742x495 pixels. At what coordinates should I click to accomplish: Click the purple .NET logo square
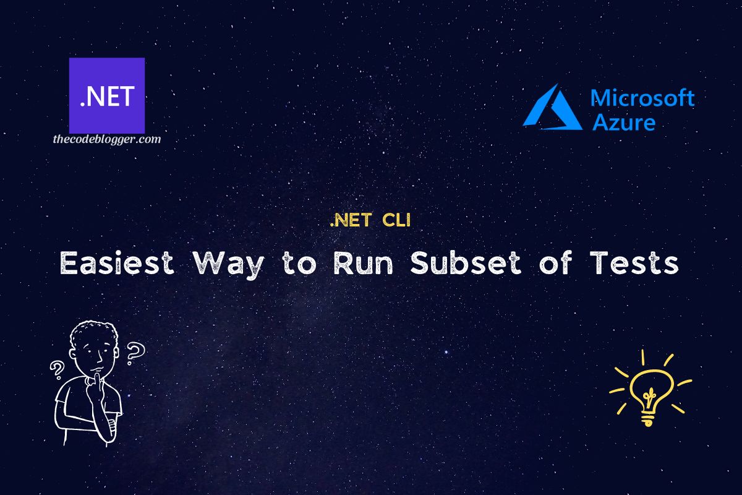click(106, 95)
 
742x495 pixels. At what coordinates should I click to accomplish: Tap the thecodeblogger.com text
click(106, 139)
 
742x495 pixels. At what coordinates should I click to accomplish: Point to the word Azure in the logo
click(623, 121)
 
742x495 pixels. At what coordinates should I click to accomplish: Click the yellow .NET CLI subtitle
click(370, 220)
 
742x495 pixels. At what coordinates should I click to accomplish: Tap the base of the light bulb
click(647, 419)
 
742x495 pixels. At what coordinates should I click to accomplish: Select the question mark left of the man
click(58, 369)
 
